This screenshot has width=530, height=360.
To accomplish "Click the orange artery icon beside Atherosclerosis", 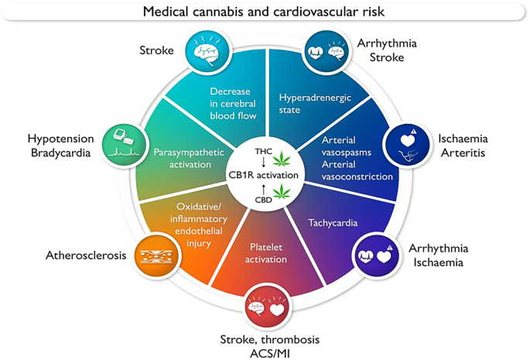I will point(154,253).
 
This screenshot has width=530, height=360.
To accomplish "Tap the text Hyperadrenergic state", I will point(305,104).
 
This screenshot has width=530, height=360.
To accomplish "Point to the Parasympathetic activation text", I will point(183,158).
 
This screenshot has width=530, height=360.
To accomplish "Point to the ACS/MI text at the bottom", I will point(269,352).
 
